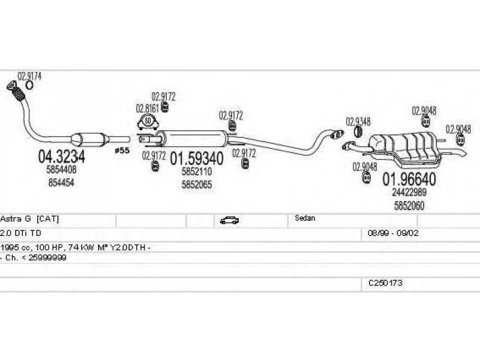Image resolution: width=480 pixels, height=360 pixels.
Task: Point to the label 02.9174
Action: click(29, 76)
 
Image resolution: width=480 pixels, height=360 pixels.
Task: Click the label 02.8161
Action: click(147, 109)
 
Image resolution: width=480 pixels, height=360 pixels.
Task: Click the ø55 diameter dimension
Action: click(122, 150)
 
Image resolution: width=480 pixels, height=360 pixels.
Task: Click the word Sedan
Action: click(305, 218)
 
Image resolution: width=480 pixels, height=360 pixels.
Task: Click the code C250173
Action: click(385, 282)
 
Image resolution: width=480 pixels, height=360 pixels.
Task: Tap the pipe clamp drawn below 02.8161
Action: click(148, 124)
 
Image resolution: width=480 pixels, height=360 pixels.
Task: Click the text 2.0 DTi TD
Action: click(21, 232)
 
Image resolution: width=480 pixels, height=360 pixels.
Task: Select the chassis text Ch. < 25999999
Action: click(35, 257)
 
